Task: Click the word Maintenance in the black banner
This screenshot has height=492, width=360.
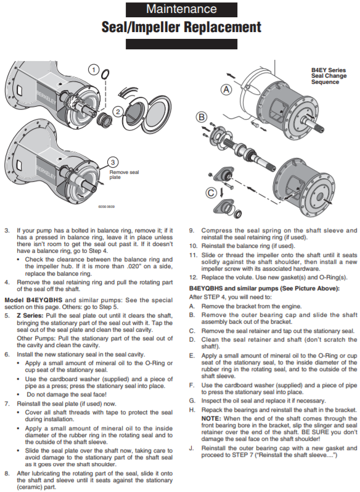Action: point(181,9)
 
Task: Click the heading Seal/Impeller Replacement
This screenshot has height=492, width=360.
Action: point(181,27)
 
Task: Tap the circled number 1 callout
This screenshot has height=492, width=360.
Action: point(94,69)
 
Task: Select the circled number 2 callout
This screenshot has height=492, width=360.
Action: point(118,112)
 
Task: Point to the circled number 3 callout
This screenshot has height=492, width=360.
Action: point(113,162)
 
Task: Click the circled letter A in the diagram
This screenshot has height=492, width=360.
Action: point(226,90)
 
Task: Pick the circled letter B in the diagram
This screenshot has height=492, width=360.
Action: point(202,117)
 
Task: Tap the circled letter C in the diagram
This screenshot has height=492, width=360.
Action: point(211,192)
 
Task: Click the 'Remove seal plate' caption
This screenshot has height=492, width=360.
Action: point(124,174)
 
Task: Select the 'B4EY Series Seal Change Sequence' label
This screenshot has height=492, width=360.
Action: point(329,76)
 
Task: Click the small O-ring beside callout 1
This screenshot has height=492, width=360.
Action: point(105,74)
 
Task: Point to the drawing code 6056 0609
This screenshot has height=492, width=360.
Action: point(106,207)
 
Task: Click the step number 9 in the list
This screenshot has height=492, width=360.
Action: point(192,231)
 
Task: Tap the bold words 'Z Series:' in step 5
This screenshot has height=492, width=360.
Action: point(30,316)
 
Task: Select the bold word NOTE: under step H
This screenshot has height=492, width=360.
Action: point(211,419)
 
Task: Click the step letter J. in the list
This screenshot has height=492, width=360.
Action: point(191,448)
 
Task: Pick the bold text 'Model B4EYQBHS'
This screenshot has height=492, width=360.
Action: point(33,300)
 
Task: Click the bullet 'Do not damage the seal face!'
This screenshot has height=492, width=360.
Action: point(67,395)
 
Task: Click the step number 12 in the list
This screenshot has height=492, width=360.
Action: point(193,277)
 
